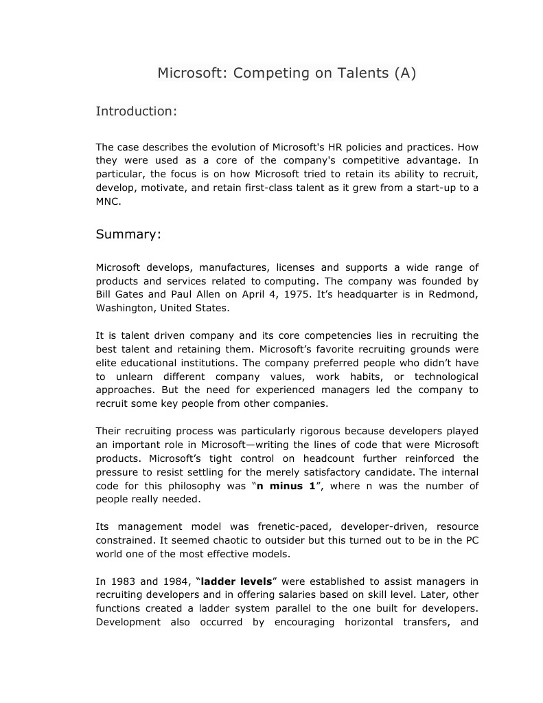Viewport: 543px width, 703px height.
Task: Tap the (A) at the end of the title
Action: (x=405, y=73)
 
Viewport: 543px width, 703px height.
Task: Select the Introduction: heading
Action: (x=137, y=111)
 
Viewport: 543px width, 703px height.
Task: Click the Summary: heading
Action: (x=128, y=234)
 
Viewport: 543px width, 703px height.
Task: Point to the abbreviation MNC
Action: (x=108, y=202)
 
